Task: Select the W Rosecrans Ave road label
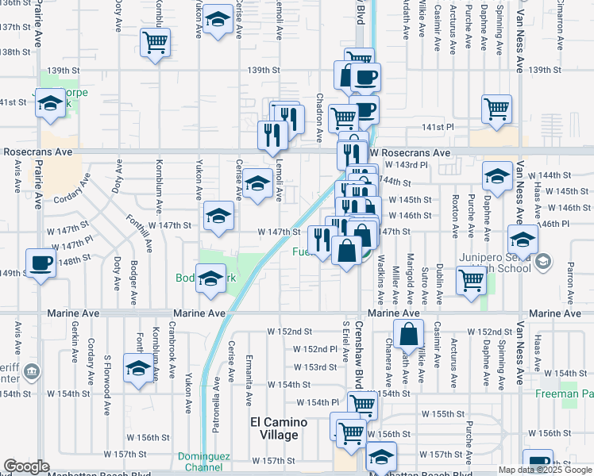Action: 408,152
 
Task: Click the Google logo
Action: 27,466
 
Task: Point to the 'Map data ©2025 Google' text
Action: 545,470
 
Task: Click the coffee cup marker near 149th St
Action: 40,263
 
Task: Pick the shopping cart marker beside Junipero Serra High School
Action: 472,280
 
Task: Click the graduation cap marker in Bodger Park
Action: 211,279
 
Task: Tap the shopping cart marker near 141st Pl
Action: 496,109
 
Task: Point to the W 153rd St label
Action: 316,367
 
